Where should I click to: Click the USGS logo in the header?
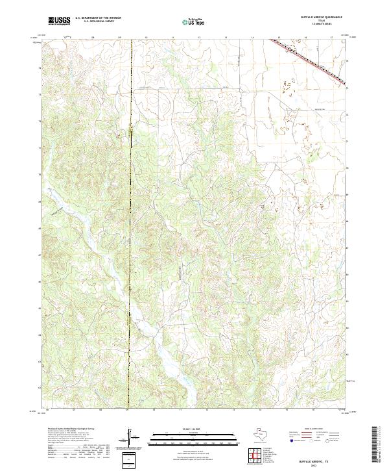click(59, 21)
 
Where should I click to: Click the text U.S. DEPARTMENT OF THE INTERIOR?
click(98, 18)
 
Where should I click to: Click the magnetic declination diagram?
click(131, 439)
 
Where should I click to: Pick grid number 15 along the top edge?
click(279, 38)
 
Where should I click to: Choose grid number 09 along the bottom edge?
click(128, 411)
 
